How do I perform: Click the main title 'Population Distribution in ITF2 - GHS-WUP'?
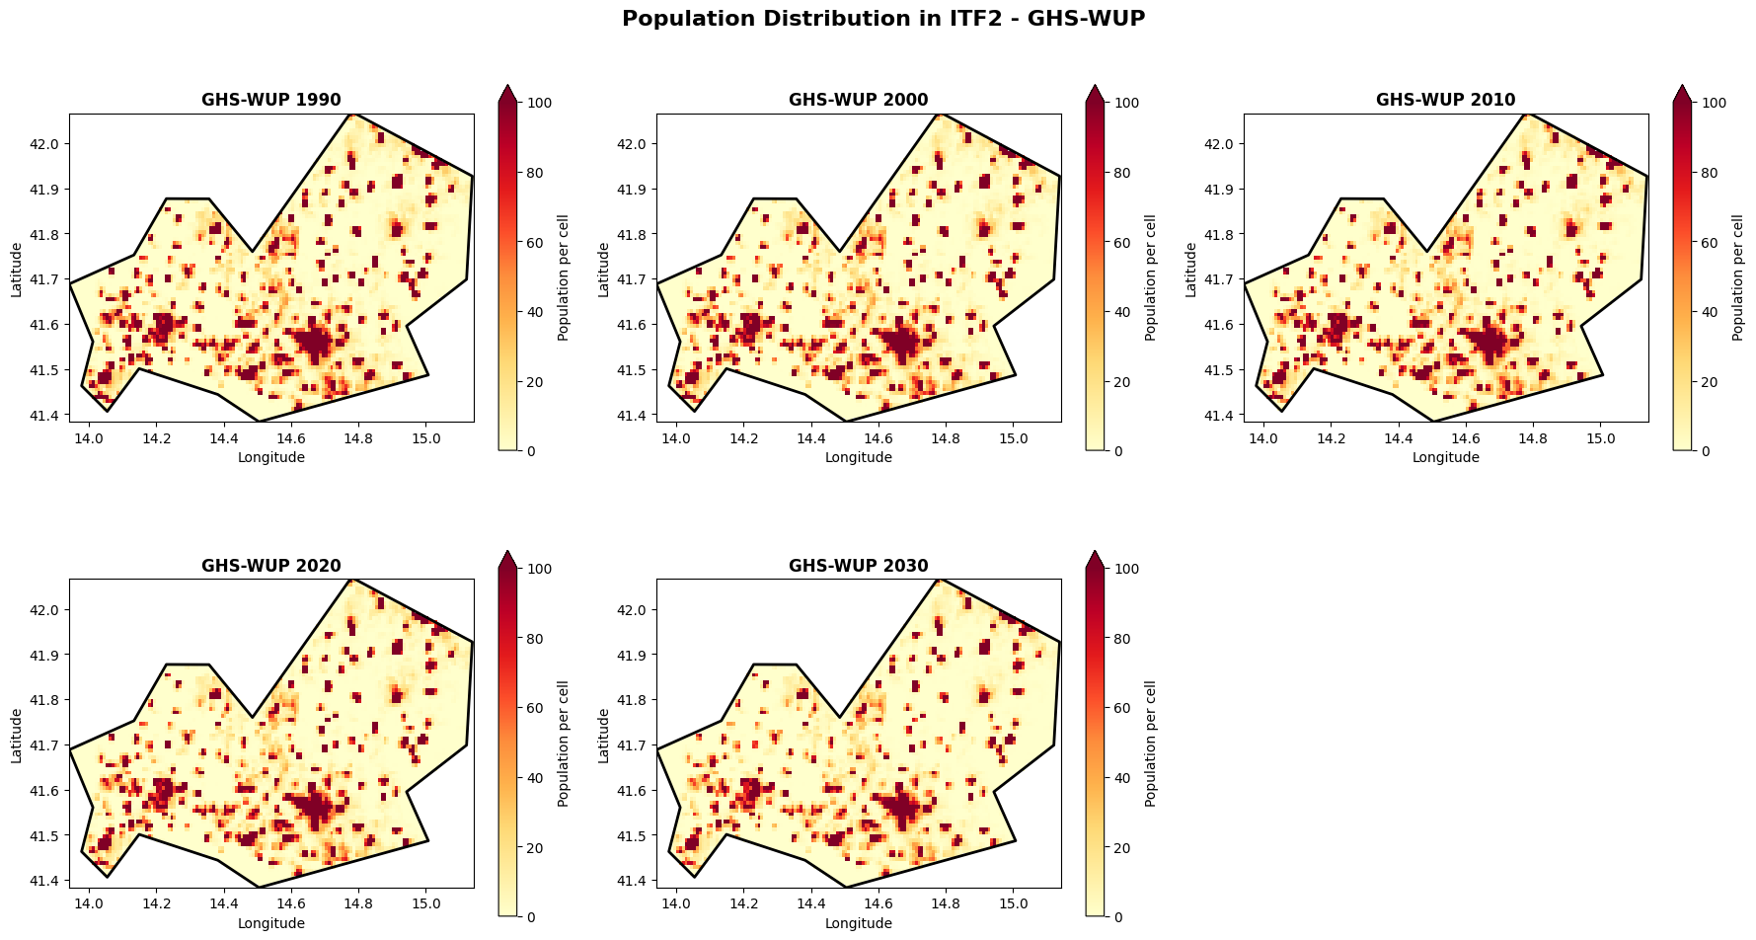point(882,19)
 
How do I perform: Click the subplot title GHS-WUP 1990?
point(271,100)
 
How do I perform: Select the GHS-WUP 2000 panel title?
point(858,100)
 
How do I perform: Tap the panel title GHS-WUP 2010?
point(1445,100)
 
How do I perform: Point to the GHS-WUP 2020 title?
point(271,566)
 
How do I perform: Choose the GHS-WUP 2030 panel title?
point(858,566)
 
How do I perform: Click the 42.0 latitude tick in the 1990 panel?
point(46,144)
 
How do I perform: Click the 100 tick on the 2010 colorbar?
point(1715,103)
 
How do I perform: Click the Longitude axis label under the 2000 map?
point(858,457)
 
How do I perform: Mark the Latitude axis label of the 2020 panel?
point(17,735)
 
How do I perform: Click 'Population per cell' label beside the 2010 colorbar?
point(1738,277)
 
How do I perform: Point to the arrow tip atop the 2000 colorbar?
point(1094,87)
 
